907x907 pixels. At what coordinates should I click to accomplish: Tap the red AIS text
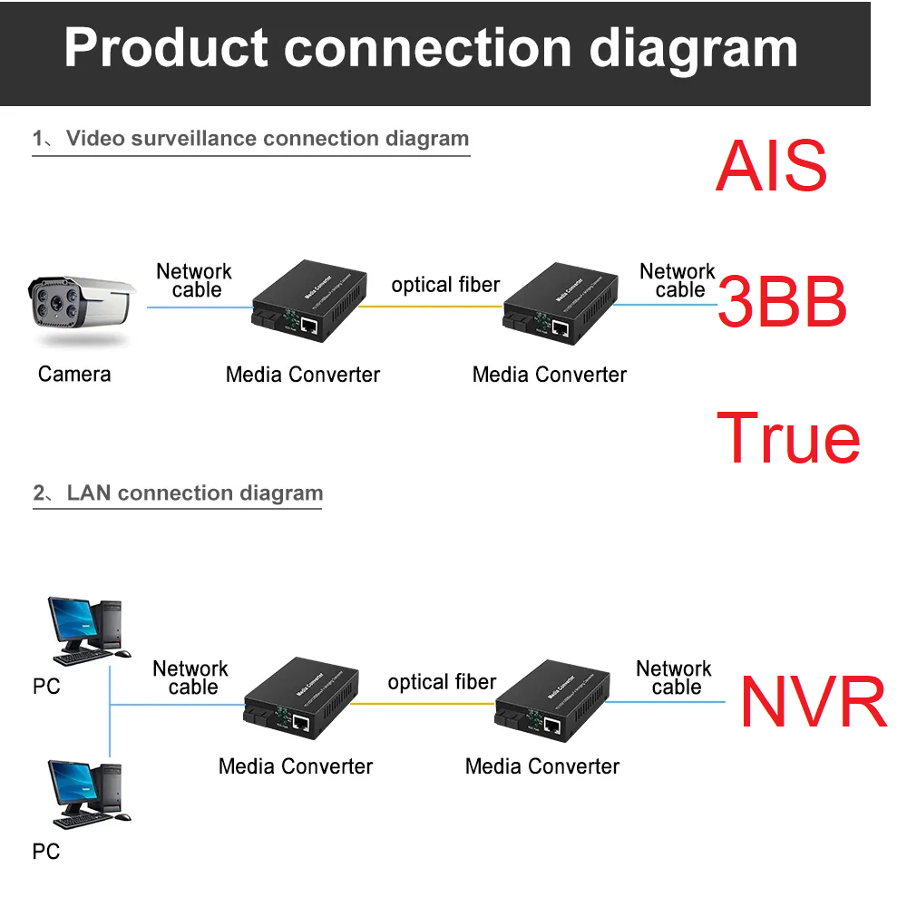point(771,166)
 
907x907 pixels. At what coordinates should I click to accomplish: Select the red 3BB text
point(782,303)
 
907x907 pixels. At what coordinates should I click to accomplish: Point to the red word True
point(788,438)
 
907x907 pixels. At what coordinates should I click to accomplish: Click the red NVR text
point(813,702)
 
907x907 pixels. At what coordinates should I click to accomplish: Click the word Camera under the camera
point(74,374)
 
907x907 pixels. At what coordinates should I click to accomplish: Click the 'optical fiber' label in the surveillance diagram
point(445,285)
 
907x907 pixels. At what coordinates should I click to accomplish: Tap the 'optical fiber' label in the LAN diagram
point(442,682)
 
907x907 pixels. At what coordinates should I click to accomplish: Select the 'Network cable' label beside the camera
point(194,280)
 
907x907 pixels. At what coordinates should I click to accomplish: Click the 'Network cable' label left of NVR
point(674,678)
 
